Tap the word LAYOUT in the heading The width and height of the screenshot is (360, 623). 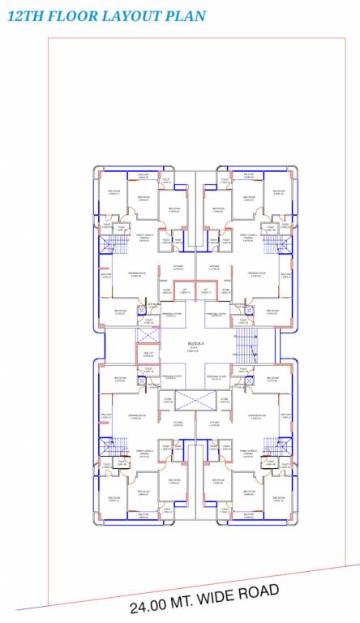click(137, 16)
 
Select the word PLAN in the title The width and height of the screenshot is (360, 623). click(187, 16)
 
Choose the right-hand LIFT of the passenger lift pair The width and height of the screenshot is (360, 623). click(205, 290)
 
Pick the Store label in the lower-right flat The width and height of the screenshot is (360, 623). click(226, 399)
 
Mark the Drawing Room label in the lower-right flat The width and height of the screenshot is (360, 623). click(255, 416)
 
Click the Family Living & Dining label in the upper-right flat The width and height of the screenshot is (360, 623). click(246, 237)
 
